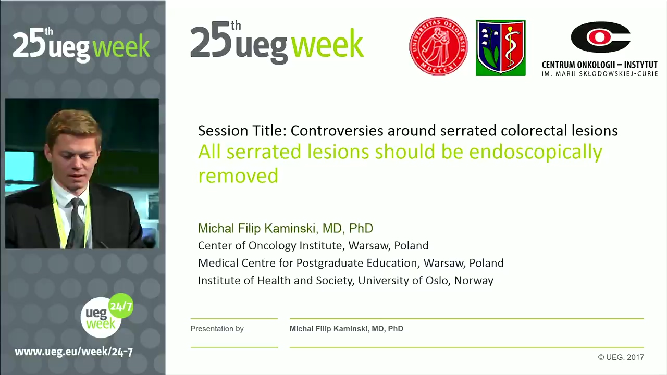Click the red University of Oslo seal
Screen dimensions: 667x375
[438, 46]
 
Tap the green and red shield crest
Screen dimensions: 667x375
[501, 47]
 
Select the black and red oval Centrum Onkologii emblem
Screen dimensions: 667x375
[600, 37]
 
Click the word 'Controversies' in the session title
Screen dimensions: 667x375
[337, 130]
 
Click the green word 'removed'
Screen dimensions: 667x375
[238, 176]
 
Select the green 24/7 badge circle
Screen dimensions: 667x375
[120, 306]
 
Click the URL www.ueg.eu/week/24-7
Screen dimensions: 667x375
[73, 352]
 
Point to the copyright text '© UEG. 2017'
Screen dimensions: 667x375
[621, 357]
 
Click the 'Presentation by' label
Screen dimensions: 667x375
[217, 329]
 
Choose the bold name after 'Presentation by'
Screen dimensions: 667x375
[347, 329]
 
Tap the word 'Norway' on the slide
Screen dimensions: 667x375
[474, 281]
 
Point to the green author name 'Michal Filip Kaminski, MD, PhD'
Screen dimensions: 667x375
[285, 228]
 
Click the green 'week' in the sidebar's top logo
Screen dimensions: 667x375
[121, 46]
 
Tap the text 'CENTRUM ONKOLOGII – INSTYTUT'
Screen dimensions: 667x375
[599, 65]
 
